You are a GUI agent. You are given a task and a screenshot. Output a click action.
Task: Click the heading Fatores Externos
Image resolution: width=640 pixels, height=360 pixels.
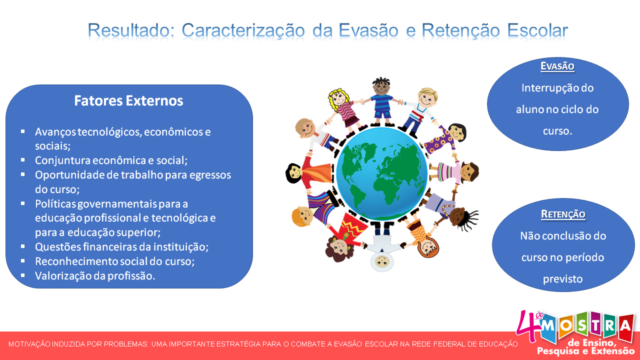(128, 100)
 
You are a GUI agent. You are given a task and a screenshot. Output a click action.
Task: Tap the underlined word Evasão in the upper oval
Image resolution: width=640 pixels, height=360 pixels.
(557, 66)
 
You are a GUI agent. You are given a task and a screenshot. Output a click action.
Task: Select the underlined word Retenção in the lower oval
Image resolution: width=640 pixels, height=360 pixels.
(563, 214)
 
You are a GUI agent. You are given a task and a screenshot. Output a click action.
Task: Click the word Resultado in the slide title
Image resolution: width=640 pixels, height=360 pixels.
(131, 30)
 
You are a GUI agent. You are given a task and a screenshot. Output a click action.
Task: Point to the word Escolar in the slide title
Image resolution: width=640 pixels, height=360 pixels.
(537, 30)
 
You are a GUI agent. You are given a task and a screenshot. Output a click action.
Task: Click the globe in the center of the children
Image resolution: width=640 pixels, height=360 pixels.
(381, 173)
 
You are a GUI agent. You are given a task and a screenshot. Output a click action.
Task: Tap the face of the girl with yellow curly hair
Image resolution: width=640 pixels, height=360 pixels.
(339, 98)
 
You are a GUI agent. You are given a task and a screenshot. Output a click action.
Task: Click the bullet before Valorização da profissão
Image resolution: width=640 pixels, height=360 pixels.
(23, 275)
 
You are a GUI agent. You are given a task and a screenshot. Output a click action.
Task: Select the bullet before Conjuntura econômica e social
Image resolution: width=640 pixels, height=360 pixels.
(23, 160)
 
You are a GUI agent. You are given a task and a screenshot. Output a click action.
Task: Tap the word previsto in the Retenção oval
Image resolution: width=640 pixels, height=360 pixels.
(563, 279)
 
